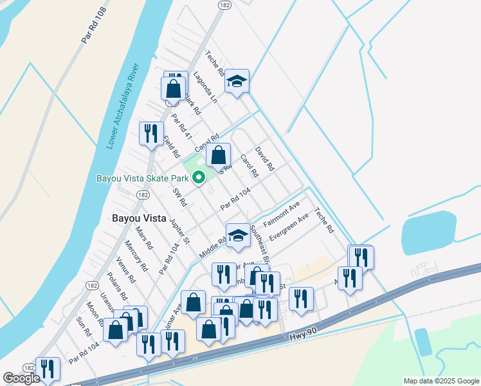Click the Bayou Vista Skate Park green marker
199,178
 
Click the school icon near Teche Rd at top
237,81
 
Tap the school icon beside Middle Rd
237,235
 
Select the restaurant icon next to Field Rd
151,133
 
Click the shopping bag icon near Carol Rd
219,155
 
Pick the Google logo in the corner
21,378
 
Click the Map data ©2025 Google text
441,381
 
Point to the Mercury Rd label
137,256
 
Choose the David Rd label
264,158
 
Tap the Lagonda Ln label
205,87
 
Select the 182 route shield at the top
224,5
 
